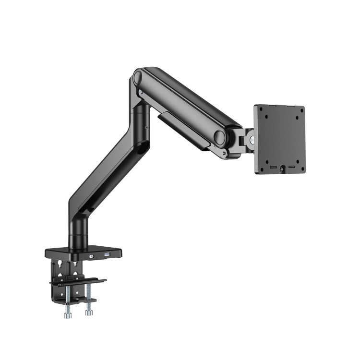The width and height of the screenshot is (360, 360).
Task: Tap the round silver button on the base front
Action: [x=92, y=256]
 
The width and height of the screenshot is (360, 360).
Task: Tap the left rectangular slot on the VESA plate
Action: [x=273, y=168]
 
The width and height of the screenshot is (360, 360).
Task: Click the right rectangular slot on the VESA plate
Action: [x=292, y=166]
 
